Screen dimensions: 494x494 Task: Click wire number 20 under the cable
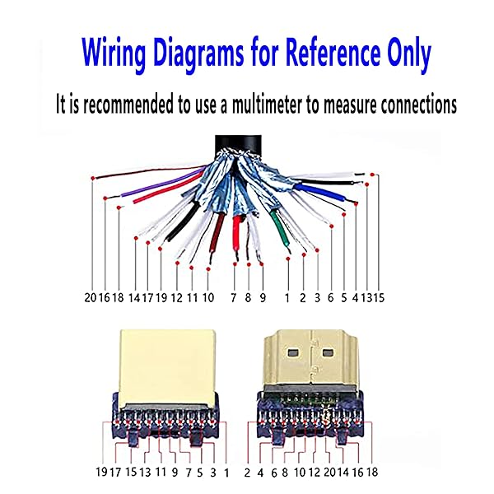point(91,297)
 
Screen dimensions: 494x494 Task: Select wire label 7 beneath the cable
point(234,297)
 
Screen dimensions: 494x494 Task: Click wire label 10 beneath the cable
point(207,297)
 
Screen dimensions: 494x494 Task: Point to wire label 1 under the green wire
point(287,297)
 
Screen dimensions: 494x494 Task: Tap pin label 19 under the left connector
point(102,473)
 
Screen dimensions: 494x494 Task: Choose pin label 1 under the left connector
point(227,473)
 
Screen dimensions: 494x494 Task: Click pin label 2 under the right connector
point(247,473)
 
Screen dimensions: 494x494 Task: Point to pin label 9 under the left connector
point(174,473)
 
